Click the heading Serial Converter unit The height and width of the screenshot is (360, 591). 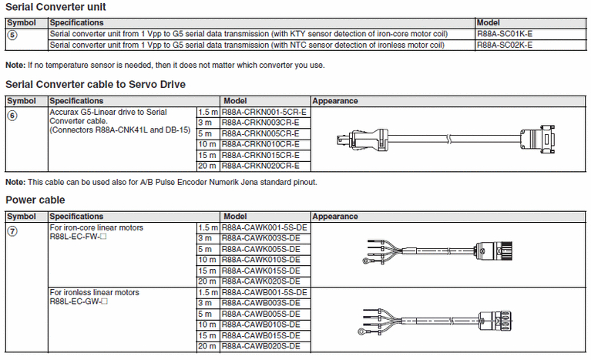tap(55, 8)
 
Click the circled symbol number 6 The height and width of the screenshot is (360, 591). tap(11, 113)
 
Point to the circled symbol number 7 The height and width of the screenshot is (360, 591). tap(11, 229)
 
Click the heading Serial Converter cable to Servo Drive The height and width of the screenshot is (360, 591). tap(96, 84)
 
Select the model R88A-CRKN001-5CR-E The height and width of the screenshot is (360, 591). tap(264, 112)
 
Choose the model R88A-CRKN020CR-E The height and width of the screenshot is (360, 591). tap(260, 166)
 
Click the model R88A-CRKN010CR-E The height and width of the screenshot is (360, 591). tap(260, 144)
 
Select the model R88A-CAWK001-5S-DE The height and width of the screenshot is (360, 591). tap(264, 228)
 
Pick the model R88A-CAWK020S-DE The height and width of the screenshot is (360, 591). tap(260, 282)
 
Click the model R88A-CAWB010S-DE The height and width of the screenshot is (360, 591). tap(260, 325)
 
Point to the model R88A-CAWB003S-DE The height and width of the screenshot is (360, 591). tap(260, 304)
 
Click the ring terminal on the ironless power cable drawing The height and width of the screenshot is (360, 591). tap(361, 334)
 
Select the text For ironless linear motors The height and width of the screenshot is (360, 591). tap(95, 293)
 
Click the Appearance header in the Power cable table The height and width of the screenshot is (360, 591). tap(335, 217)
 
